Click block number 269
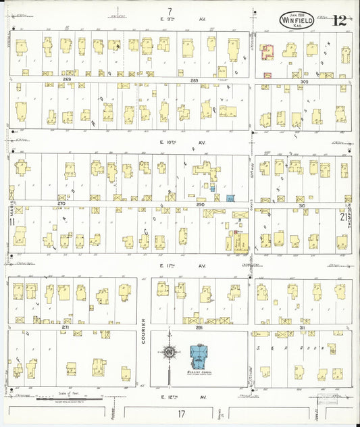click(67, 80)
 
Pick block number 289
click(195, 80)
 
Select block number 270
click(61, 203)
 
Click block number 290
click(200, 203)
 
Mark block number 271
click(66, 327)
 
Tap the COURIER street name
click(145, 339)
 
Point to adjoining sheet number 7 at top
click(170, 9)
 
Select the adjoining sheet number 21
click(344, 216)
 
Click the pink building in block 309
click(266, 51)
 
